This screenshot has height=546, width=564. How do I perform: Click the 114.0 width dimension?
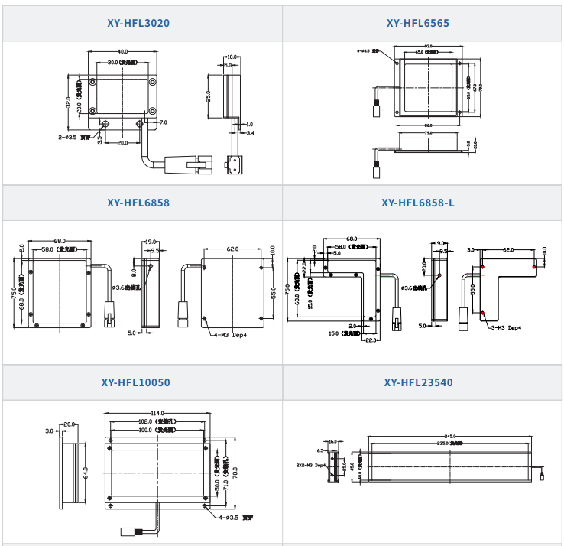pos(158,414)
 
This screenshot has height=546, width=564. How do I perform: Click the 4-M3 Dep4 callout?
pos(228,334)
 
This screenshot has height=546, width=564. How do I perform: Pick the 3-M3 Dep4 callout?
pos(505,327)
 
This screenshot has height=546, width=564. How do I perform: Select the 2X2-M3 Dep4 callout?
pos(310,464)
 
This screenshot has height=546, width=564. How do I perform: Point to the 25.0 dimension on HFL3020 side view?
pos(207,96)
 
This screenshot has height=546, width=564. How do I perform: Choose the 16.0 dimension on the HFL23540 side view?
pos(333,441)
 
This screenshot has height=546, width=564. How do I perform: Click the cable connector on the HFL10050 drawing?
pos(127,531)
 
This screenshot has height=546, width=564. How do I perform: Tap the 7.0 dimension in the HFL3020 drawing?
pos(163,122)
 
